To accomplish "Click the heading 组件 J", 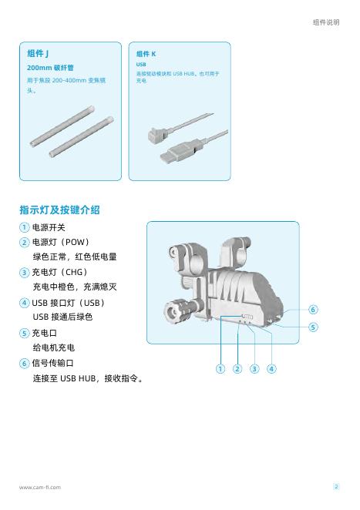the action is (38, 53).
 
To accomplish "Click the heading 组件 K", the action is (146, 54).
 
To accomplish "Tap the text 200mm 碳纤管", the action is (50, 68).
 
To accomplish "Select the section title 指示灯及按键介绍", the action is (59, 210).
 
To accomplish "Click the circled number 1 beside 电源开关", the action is (25, 227).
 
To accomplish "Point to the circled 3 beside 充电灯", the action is (25, 272).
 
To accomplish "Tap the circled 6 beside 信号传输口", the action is (25, 363).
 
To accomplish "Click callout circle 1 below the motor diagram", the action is (220, 369).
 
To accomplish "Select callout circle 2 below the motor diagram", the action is (237, 369).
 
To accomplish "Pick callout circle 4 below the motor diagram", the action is (271, 369).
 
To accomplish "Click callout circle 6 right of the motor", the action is (313, 310).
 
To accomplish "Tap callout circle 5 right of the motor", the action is (313, 327).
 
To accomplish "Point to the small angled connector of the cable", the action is (157, 135).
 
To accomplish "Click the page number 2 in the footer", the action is (336, 487).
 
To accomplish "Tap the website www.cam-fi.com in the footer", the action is (40, 487).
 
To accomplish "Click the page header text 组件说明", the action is (326, 22).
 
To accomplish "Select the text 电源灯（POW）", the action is (61, 243).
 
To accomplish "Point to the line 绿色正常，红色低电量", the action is (75, 257).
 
